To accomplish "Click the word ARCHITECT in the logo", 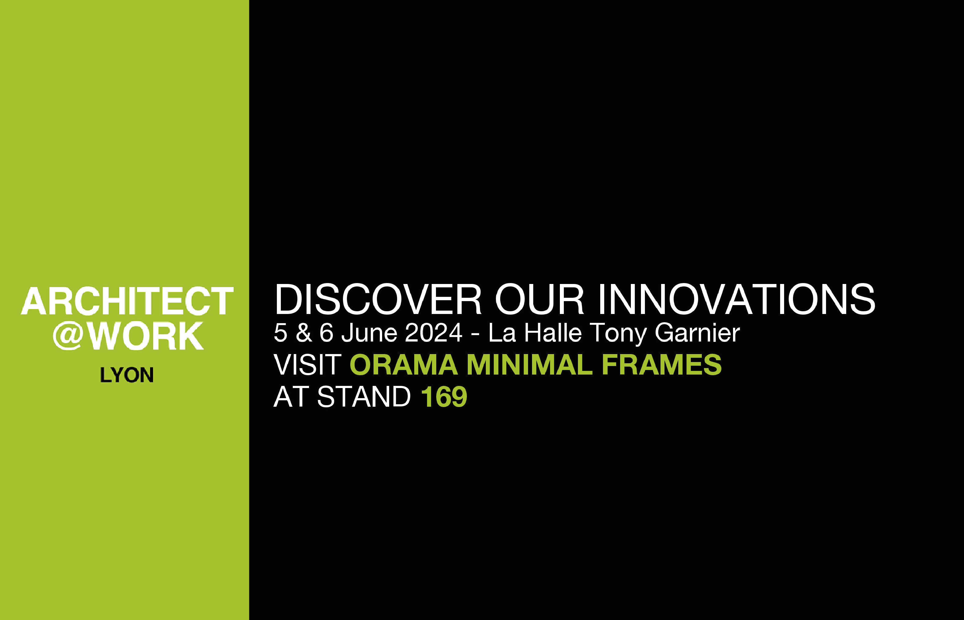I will [x=127, y=301].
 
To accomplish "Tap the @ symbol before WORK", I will [x=68, y=335].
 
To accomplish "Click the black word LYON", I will [x=127, y=375].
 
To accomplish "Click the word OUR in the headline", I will [x=539, y=300].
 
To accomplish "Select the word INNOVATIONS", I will [x=737, y=300].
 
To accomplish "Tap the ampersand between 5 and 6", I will [x=304, y=333].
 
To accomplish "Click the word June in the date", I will [x=370, y=333].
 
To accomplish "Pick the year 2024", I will [x=434, y=333].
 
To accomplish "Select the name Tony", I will [x=618, y=333].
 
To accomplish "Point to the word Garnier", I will [x=697, y=333].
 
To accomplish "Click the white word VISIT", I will [x=307, y=365].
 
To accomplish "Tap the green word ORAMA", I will [x=404, y=365].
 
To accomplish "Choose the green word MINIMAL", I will [x=529, y=365].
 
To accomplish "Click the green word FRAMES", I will [x=661, y=365].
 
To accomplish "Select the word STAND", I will [x=364, y=397].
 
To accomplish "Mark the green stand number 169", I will [x=444, y=397].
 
